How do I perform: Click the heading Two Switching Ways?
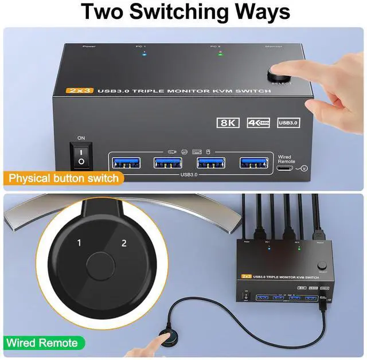[x=183, y=13]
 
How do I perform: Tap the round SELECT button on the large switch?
[x=279, y=75]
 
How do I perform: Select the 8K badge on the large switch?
[x=228, y=122]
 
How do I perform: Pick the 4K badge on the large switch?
[x=258, y=122]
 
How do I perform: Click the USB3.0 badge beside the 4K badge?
[x=288, y=122]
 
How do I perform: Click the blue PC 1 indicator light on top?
[x=144, y=54]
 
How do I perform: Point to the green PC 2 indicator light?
[x=220, y=54]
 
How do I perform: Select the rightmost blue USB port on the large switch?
[x=253, y=162]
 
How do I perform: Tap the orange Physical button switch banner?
[x=64, y=178]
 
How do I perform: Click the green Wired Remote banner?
[x=42, y=343]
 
